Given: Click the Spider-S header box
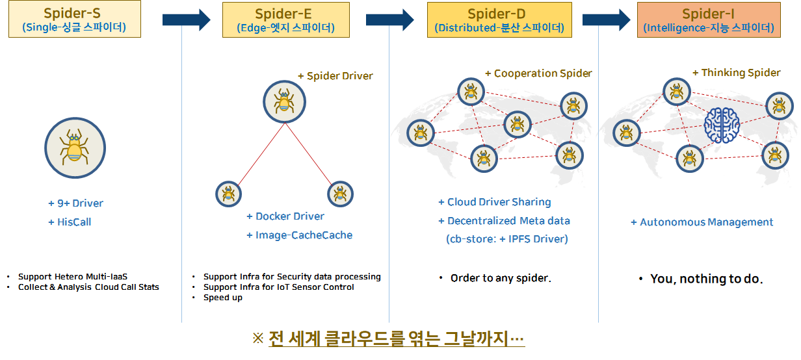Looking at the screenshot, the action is click(75, 19).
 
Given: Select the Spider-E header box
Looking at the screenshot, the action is click(285, 20).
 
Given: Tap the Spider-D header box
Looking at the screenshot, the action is click(499, 20).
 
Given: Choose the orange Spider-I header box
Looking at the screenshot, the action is click(709, 20).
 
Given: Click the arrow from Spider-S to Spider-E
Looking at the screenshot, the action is click(187, 20).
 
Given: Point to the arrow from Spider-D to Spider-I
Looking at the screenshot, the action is click(607, 20).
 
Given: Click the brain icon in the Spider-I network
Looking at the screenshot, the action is click(722, 125).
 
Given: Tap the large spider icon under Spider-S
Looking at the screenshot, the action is click(75, 148).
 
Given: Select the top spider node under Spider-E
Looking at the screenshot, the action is click(285, 102).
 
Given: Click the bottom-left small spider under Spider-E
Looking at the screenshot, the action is click(228, 194).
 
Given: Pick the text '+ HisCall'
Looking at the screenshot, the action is click(70, 222).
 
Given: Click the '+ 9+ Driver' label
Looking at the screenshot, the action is click(76, 203).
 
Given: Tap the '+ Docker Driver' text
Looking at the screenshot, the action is click(285, 216).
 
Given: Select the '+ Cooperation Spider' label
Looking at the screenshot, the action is click(538, 73).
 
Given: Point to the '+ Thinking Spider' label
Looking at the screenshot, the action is click(737, 73).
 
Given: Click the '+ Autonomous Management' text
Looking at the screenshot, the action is click(702, 222).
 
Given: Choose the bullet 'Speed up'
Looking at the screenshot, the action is click(223, 298).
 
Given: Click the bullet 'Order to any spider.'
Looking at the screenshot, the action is click(501, 278).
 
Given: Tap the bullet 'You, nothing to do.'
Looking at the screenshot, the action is click(707, 279).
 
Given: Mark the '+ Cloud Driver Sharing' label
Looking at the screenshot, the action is click(495, 202).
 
